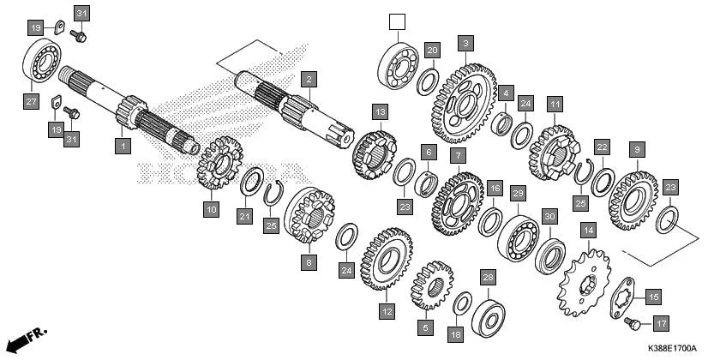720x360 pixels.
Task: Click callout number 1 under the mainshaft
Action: [x=123, y=147]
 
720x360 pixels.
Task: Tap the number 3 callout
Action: [x=465, y=42]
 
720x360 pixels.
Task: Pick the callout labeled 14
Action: [x=588, y=230]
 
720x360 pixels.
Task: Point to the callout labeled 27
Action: [x=31, y=102]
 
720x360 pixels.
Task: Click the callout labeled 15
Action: [x=653, y=297]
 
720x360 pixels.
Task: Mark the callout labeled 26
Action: [x=488, y=277]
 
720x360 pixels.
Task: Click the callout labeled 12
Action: [x=387, y=312]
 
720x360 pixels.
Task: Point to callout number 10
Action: [x=211, y=207]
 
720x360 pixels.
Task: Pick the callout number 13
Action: [x=380, y=111]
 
